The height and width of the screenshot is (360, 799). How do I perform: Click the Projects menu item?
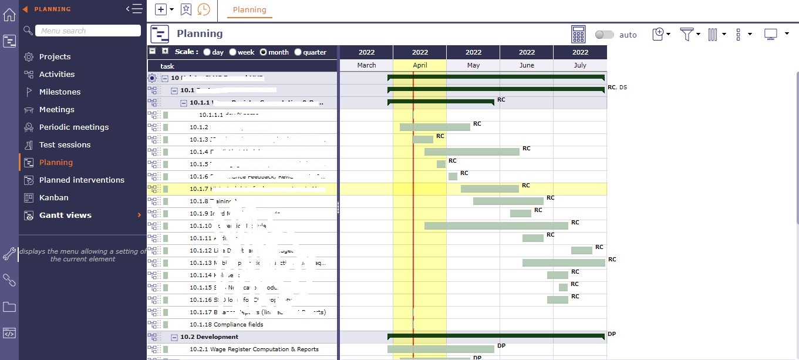click(x=55, y=57)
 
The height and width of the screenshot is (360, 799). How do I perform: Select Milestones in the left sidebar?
click(x=59, y=92)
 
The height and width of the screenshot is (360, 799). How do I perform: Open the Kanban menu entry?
click(x=53, y=198)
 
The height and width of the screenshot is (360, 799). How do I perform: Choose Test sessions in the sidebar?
click(x=65, y=145)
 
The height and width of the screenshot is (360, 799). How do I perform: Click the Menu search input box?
click(x=88, y=31)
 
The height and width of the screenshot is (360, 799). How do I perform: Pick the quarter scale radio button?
click(x=298, y=52)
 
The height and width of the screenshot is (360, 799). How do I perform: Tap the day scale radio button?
click(x=207, y=52)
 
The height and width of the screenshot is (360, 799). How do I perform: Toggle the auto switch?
click(x=604, y=35)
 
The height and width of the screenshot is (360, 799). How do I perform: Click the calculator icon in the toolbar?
click(x=579, y=34)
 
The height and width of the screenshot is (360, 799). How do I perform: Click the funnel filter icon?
click(x=686, y=34)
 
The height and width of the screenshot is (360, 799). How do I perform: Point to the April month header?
click(x=420, y=65)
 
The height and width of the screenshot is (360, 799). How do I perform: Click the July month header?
click(x=580, y=65)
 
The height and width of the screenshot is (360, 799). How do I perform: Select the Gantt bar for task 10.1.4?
click(x=472, y=152)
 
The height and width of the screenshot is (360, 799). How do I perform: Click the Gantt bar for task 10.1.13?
click(x=564, y=263)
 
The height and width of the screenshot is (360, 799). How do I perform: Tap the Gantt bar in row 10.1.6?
click(x=453, y=176)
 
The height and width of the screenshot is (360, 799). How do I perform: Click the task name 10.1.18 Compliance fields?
click(x=226, y=325)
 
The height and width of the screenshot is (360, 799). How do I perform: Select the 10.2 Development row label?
click(x=209, y=337)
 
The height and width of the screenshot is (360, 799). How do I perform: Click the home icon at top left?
click(x=9, y=15)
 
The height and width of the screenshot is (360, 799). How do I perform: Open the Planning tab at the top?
click(x=250, y=10)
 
